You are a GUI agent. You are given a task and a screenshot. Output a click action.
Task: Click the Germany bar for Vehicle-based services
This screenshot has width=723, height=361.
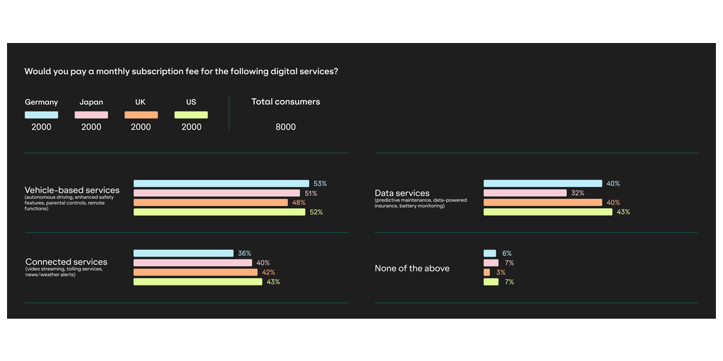click(x=221, y=183)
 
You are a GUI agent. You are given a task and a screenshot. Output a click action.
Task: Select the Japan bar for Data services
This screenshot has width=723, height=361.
click(x=525, y=193)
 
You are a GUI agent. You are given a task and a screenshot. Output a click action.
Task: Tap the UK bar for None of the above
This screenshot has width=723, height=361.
click(x=486, y=272)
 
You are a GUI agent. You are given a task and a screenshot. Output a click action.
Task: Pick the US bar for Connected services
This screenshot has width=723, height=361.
click(x=198, y=282)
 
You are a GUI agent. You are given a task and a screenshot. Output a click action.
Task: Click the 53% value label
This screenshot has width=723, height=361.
click(x=321, y=183)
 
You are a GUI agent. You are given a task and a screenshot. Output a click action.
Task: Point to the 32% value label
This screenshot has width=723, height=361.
click(x=577, y=193)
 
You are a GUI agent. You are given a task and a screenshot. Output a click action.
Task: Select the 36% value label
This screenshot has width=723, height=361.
click(x=244, y=253)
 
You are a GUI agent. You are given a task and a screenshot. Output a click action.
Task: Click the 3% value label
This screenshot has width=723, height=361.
click(x=501, y=272)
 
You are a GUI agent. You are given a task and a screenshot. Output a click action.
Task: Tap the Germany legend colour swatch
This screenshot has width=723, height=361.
click(x=41, y=115)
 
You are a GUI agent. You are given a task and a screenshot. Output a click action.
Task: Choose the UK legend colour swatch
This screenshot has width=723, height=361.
click(x=141, y=115)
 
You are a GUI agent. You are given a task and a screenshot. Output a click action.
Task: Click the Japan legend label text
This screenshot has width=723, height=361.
click(x=91, y=102)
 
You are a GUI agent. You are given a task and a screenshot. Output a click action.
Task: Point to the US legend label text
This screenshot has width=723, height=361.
click(x=191, y=102)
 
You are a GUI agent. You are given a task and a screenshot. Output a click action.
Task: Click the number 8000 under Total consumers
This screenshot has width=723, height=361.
click(x=285, y=128)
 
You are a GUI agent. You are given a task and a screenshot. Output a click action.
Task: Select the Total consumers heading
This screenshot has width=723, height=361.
click(x=285, y=102)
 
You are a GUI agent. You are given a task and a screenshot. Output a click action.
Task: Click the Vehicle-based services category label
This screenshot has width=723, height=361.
click(x=72, y=190)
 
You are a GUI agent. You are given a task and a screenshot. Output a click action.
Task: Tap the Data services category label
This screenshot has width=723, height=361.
click(x=402, y=193)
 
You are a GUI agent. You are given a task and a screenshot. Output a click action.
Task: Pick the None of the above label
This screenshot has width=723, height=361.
click(x=412, y=268)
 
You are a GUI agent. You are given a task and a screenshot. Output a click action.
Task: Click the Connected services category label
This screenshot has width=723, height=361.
click(x=66, y=262)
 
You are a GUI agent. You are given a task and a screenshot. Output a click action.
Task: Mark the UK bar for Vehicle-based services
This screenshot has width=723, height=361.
click(x=210, y=202)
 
